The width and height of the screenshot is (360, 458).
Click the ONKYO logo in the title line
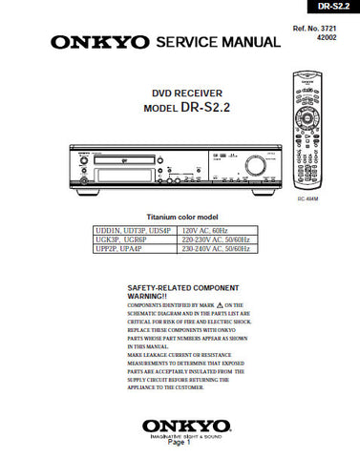point(88,44)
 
